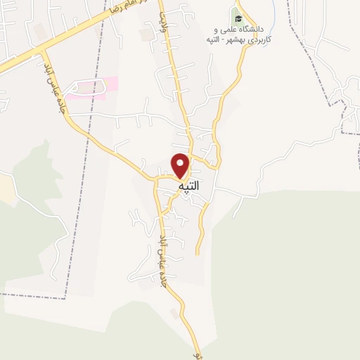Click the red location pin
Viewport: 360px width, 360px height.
point(181,165)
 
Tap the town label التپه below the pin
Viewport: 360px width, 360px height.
point(188,186)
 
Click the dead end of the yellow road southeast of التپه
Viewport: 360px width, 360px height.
point(198,253)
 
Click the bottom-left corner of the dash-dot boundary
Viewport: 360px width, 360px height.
point(65,298)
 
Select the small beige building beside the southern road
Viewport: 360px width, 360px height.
point(174,311)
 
